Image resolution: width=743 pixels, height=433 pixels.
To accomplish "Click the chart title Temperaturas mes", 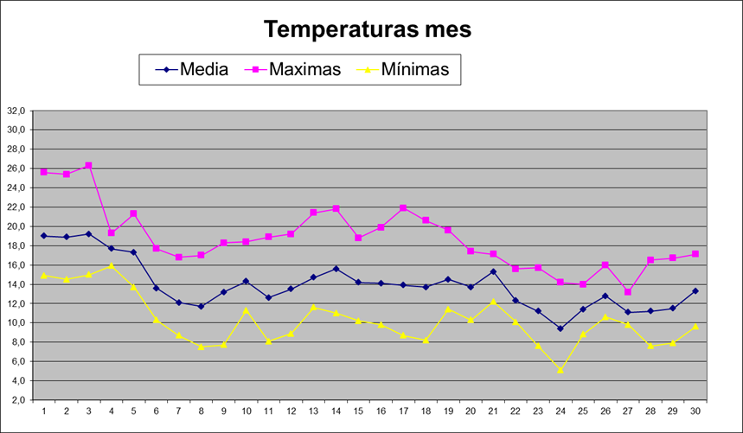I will [368, 29].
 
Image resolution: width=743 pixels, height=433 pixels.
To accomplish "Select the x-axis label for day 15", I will [358, 410].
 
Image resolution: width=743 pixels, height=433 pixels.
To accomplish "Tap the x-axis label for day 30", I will [695, 410].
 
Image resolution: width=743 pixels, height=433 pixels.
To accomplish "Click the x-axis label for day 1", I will [43, 410].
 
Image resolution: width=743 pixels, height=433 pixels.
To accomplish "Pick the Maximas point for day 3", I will [88, 165].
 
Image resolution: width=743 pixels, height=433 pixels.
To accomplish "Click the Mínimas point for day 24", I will [560, 370].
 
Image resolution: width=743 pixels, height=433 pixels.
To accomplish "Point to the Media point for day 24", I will [560, 328].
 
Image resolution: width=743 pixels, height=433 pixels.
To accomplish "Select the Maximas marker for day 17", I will [403, 207].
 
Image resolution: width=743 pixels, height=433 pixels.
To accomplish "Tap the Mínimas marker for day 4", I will [111, 265].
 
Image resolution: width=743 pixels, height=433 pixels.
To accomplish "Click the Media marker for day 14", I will [336, 269].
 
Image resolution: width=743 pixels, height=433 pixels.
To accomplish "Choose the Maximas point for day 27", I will [628, 292].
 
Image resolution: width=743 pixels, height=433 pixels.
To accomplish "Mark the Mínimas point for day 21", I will [493, 301].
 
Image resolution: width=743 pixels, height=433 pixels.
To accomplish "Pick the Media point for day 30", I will [695, 290].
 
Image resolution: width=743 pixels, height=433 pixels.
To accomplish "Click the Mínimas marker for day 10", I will [246, 310].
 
